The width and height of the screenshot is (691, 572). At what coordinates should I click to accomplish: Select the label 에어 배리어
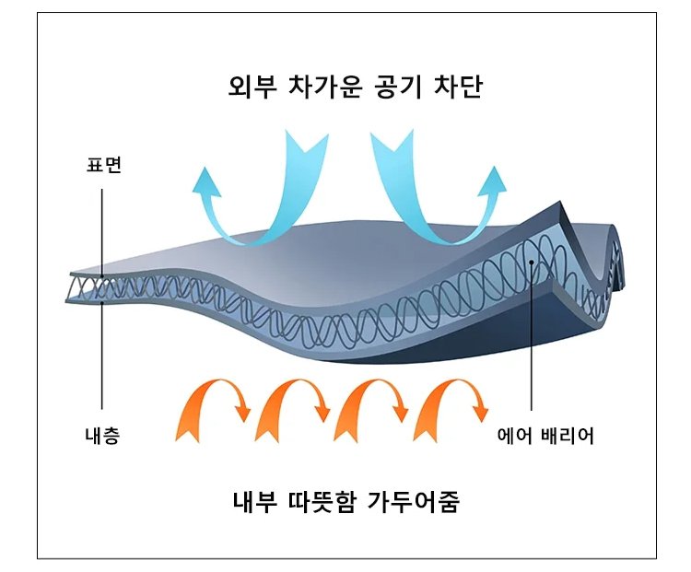pyautogui.click(x=545, y=437)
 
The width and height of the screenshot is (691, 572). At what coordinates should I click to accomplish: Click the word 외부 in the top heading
pyautogui.click(x=249, y=88)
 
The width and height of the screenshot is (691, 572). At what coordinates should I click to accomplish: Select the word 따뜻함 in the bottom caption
pyautogui.click(x=325, y=505)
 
